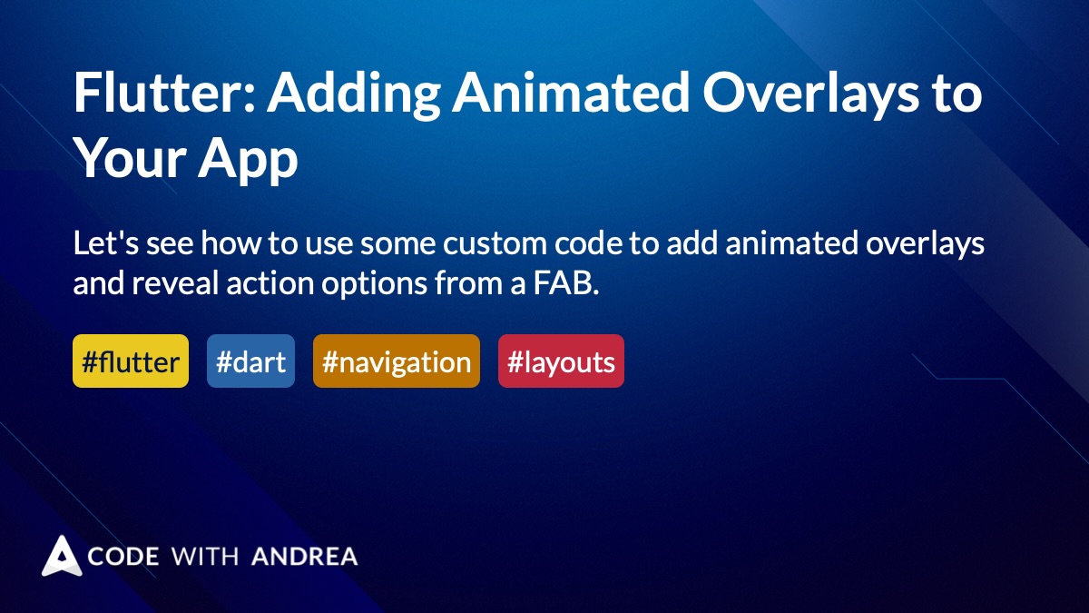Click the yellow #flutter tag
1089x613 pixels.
(131, 361)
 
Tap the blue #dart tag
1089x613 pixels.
(250, 361)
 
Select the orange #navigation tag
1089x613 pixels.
(397, 361)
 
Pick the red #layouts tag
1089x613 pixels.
(561, 361)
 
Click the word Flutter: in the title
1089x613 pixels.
(164, 92)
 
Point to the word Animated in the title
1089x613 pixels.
(571, 92)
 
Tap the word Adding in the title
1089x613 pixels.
(353, 95)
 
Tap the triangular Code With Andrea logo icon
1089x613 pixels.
(62, 556)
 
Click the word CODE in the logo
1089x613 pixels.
(123, 556)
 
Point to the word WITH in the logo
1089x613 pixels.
(205, 556)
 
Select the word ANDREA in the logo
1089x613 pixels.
(305, 556)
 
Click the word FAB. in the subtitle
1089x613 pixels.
(566, 283)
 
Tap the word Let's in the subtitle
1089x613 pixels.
(106, 242)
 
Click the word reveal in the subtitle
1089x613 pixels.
(175, 283)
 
